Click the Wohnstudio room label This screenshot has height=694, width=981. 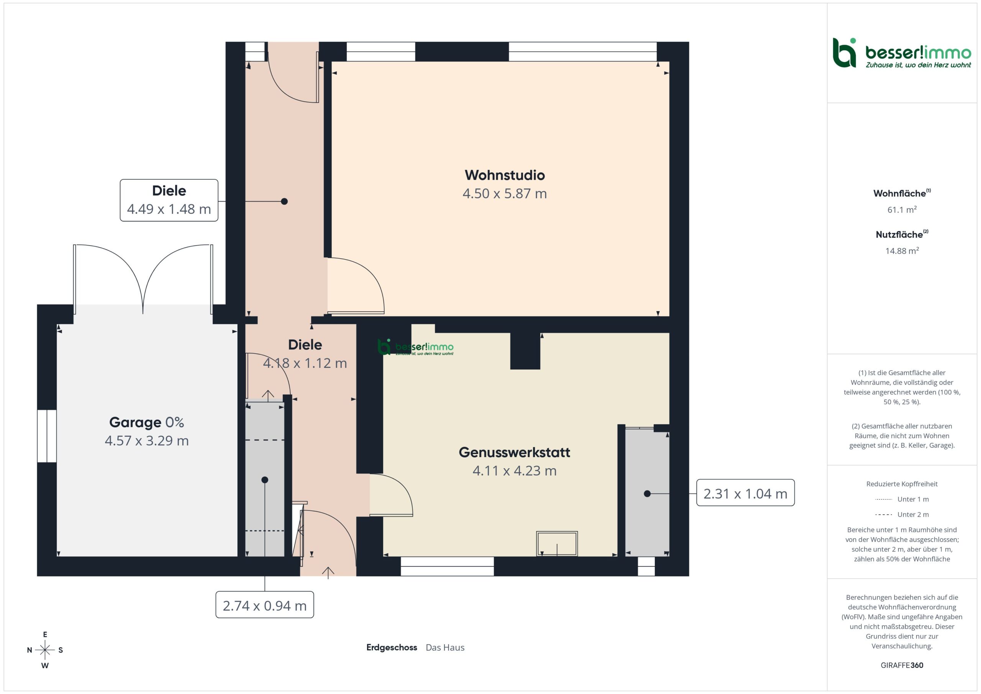click(x=505, y=175)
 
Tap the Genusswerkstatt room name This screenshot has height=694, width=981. click(x=514, y=452)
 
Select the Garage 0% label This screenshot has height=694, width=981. click(x=146, y=422)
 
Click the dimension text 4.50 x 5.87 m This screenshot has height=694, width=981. click(x=505, y=194)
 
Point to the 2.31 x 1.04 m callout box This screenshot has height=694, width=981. click(x=745, y=493)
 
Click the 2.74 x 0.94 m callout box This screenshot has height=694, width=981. click(x=264, y=605)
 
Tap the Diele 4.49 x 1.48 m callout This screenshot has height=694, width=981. click(x=169, y=200)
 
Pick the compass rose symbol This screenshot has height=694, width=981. click(x=45, y=650)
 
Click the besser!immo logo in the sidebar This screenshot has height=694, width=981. click(x=902, y=53)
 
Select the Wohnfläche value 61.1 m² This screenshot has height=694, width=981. click(x=902, y=209)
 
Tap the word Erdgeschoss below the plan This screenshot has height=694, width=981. click(x=391, y=647)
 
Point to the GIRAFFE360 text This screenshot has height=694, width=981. click(x=902, y=665)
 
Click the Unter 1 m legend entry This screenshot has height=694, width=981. click(x=902, y=499)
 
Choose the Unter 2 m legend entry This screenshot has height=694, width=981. click(x=902, y=515)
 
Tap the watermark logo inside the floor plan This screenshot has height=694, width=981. click(x=415, y=347)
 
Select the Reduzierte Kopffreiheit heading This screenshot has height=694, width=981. click(x=902, y=484)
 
